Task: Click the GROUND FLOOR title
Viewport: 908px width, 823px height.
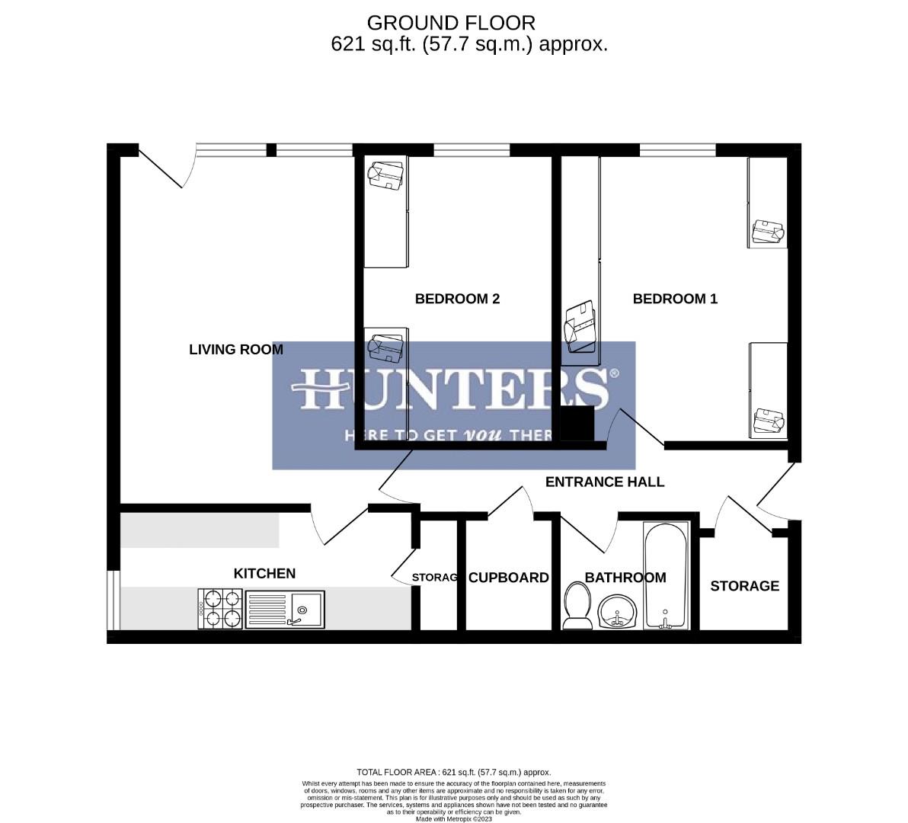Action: (x=451, y=23)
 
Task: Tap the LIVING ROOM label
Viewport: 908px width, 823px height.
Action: (x=235, y=350)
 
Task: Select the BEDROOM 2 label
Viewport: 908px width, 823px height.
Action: (x=457, y=299)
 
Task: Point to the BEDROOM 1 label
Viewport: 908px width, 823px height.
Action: (x=675, y=299)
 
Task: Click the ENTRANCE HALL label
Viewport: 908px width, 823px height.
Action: (x=605, y=482)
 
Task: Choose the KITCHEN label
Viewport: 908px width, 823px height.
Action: (x=264, y=574)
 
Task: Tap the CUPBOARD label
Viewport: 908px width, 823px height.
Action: (x=508, y=578)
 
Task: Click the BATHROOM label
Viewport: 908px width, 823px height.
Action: (x=625, y=578)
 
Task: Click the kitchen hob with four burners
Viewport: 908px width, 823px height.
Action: (x=220, y=609)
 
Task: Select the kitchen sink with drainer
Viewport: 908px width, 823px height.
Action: (x=285, y=609)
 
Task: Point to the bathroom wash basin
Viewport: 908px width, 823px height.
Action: (x=617, y=612)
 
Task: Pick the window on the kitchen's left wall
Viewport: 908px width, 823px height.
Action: (x=113, y=600)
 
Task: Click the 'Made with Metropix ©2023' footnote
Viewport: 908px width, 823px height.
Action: (x=454, y=819)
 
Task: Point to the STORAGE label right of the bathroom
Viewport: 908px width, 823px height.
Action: (x=744, y=586)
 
